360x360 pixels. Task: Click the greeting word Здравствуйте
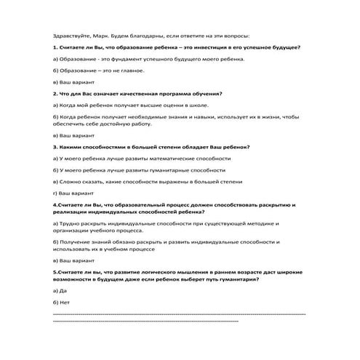point(70,35)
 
